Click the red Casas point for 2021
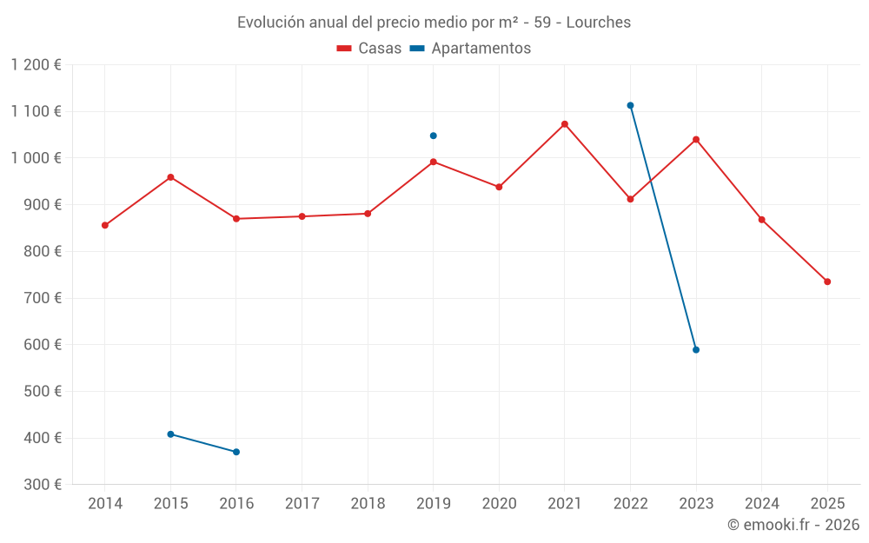(565, 124)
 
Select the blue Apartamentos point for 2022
(630, 105)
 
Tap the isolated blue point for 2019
(433, 136)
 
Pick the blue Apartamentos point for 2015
(170, 434)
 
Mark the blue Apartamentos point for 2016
(236, 452)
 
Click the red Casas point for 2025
(827, 281)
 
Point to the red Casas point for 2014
(105, 225)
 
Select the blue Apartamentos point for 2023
(696, 350)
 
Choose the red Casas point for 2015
(170, 177)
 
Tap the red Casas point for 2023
(696, 139)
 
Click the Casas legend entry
(369, 49)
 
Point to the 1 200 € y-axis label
(36, 65)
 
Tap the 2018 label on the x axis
(368, 503)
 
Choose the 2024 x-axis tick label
(761, 503)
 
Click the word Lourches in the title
(598, 22)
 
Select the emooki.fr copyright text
(793, 525)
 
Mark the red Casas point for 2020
(499, 187)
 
